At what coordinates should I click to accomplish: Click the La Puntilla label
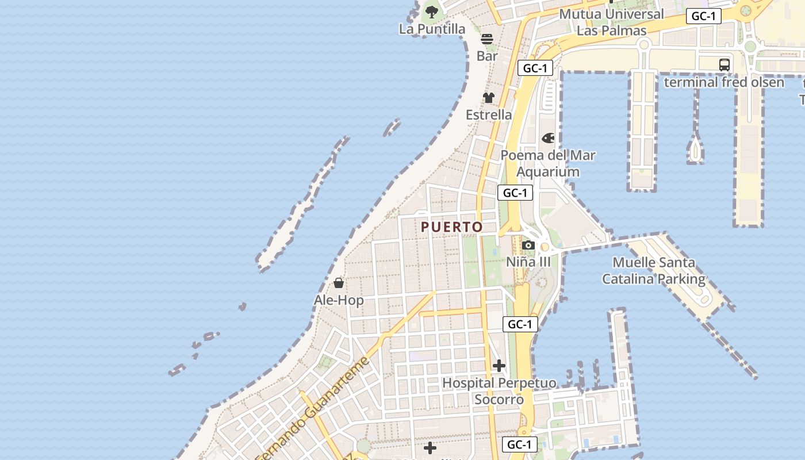coord(432,29)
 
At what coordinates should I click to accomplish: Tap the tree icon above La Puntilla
coord(431,11)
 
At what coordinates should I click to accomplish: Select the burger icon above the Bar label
coord(487,39)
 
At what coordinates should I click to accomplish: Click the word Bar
coord(487,56)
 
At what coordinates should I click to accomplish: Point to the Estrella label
coord(488,115)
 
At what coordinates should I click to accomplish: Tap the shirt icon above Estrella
coord(488,98)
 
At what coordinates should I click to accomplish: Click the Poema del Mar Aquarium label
coord(547,163)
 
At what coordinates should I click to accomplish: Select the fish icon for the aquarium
coord(548,138)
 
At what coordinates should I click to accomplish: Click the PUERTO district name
coord(452,227)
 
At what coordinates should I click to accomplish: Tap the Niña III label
coord(528,262)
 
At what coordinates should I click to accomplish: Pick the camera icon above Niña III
coord(528,246)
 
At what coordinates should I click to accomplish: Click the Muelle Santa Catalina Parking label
coord(653,271)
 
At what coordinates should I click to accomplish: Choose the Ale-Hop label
coord(339,300)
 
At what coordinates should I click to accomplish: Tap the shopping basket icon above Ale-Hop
coord(339,283)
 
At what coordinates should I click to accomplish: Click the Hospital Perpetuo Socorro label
coord(499,391)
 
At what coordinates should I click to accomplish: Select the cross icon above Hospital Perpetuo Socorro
coord(499,366)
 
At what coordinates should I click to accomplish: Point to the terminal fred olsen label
coord(724,82)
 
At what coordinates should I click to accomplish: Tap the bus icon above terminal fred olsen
coord(724,65)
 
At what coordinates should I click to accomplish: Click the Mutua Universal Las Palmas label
coord(611,22)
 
